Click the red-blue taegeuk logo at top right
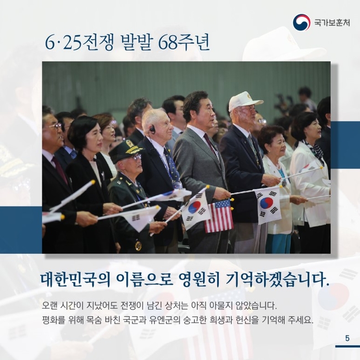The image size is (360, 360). (x=301, y=22)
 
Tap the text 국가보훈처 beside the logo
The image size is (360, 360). (x=332, y=23)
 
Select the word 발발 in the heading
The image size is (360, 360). (x=137, y=43)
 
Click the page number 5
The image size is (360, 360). (x=347, y=338)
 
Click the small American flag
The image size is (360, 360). (x=219, y=216)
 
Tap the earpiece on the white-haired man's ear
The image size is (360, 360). (x=152, y=131)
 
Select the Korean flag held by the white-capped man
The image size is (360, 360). (x=268, y=205)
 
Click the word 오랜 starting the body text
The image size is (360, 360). (x=50, y=306)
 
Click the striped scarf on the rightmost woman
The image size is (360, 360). (x=315, y=149)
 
